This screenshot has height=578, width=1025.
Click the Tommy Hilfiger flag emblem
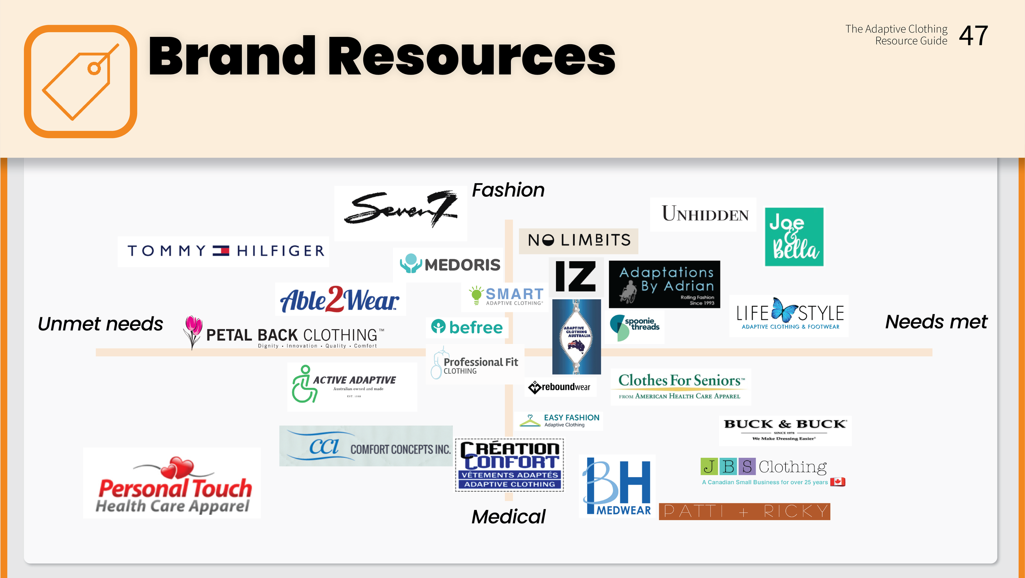click(x=221, y=250)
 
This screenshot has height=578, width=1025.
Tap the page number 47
click(x=973, y=36)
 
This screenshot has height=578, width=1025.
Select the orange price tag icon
click(x=80, y=82)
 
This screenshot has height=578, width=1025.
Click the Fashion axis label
click(x=508, y=190)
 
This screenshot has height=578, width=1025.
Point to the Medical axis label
click(x=508, y=517)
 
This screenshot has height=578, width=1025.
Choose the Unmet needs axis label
click(x=100, y=324)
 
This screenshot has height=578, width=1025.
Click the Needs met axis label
click(x=936, y=322)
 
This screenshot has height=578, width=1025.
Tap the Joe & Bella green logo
click(x=794, y=237)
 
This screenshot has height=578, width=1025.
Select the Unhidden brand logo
click(x=705, y=214)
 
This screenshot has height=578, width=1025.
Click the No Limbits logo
click(x=579, y=240)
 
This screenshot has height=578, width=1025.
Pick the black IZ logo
click(x=576, y=277)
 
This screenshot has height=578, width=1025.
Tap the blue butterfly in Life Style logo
click(x=784, y=310)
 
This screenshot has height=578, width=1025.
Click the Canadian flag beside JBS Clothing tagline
click(x=837, y=482)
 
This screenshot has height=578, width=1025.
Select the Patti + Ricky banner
click(x=744, y=511)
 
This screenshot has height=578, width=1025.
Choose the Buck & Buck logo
click(x=785, y=429)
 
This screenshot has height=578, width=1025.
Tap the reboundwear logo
click(x=560, y=387)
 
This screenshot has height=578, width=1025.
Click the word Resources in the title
click(x=471, y=56)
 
